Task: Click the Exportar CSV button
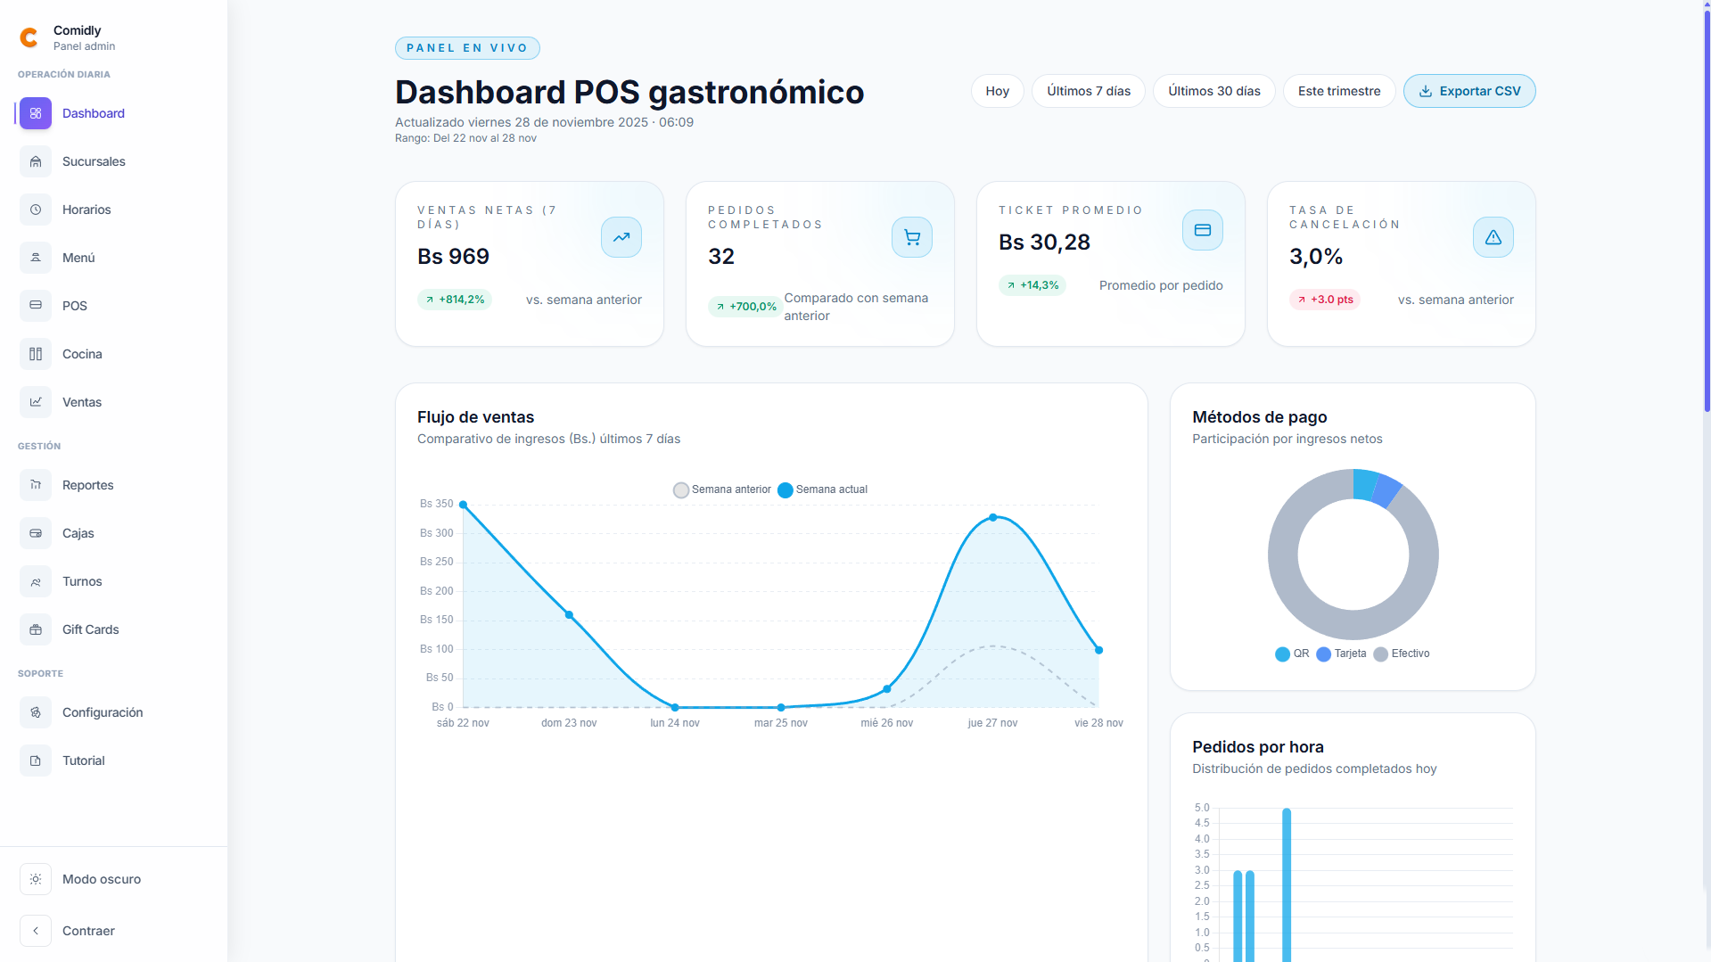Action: (1468, 91)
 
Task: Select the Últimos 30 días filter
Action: (1213, 91)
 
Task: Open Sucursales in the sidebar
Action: (94, 161)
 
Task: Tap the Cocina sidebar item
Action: (82, 354)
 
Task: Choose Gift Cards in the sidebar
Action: (90, 629)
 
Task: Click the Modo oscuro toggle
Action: (101, 879)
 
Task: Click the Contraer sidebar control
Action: (88, 931)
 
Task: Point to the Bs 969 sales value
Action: (453, 257)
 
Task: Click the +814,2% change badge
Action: (455, 300)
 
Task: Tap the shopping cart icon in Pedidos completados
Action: (911, 237)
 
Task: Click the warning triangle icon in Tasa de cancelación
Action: (1493, 237)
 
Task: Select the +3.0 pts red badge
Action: (1325, 300)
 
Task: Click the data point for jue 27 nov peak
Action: (992, 518)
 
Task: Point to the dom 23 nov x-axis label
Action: (568, 723)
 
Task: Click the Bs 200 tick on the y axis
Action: (437, 591)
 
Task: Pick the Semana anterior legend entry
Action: (722, 489)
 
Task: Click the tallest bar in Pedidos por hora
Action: (1286, 883)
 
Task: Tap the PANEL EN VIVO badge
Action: (467, 48)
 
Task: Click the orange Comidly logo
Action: (29, 37)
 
